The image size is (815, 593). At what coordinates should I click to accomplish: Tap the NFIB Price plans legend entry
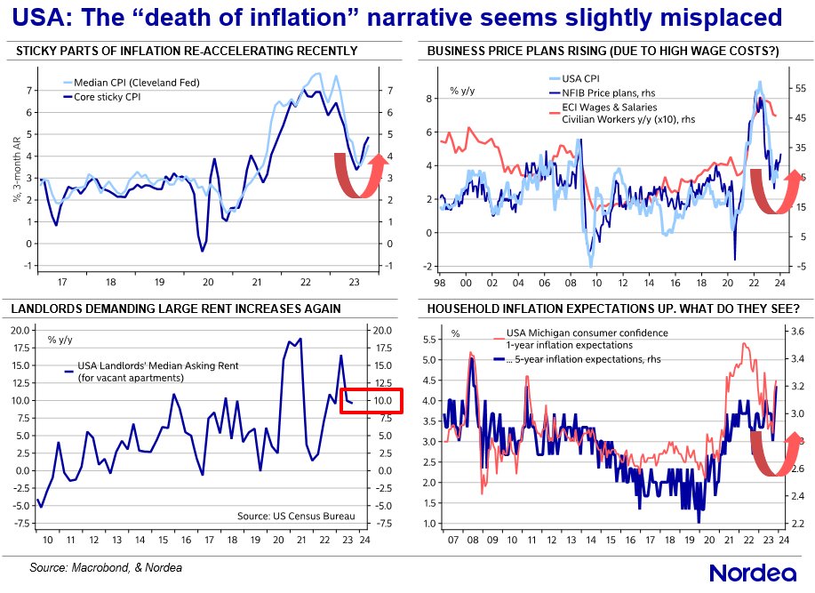click(x=604, y=92)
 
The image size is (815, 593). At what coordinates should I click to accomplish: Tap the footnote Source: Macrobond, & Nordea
click(x=107, y=566)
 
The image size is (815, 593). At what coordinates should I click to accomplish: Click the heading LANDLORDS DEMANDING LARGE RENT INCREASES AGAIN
click(x=176, y=309)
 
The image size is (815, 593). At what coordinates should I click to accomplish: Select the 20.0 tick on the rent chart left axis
click(x=21, y=330)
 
